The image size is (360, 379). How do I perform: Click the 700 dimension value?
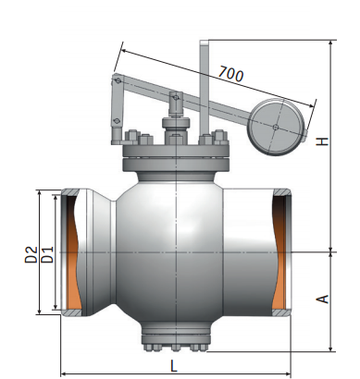tap(231, 74)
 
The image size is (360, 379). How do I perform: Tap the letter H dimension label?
tap(323, 141)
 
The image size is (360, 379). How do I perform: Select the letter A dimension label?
tap(323, 299)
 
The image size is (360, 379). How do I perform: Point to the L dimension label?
tap(174, 366)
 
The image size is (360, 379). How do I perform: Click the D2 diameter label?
tap(31, 254)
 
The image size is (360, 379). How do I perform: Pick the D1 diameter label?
tap(47, 254)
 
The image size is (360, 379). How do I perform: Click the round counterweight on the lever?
tap(277, 127)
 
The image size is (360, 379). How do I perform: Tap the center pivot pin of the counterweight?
tap(276, 127)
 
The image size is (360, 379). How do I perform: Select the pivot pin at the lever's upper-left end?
tap(118, 80)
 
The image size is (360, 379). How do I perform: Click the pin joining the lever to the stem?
tap(176, 98)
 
